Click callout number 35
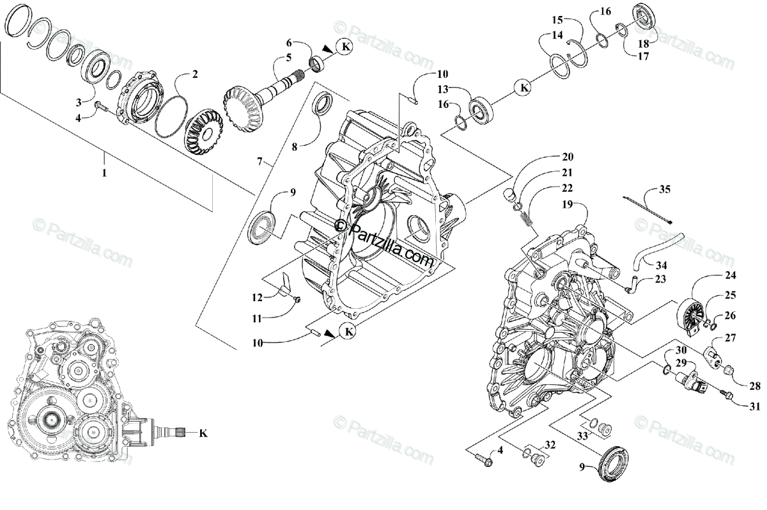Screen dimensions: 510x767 pos(664,189)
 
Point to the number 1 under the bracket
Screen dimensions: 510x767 pos(104,173)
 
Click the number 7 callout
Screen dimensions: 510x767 pos(260,162)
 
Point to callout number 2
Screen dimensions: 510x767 pos(195,74)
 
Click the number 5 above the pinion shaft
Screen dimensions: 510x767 pos(288,58)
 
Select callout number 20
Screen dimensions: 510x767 pos(568,157)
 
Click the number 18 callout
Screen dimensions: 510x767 pos(642,43)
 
